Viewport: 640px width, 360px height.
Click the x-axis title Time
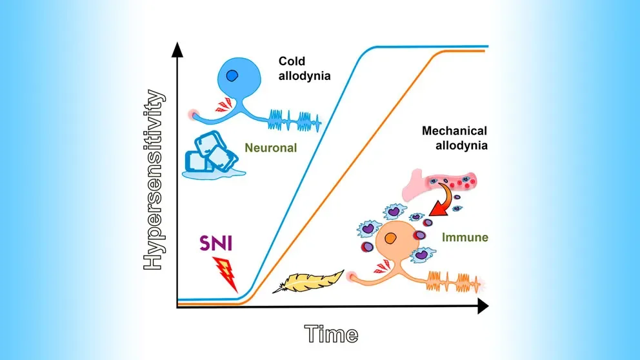[331, 334]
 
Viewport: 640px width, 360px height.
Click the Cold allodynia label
[305, 68]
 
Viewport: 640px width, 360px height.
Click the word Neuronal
[270, 148]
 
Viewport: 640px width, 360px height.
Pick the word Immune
[465, 237]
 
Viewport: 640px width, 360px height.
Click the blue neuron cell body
[237, 83]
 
